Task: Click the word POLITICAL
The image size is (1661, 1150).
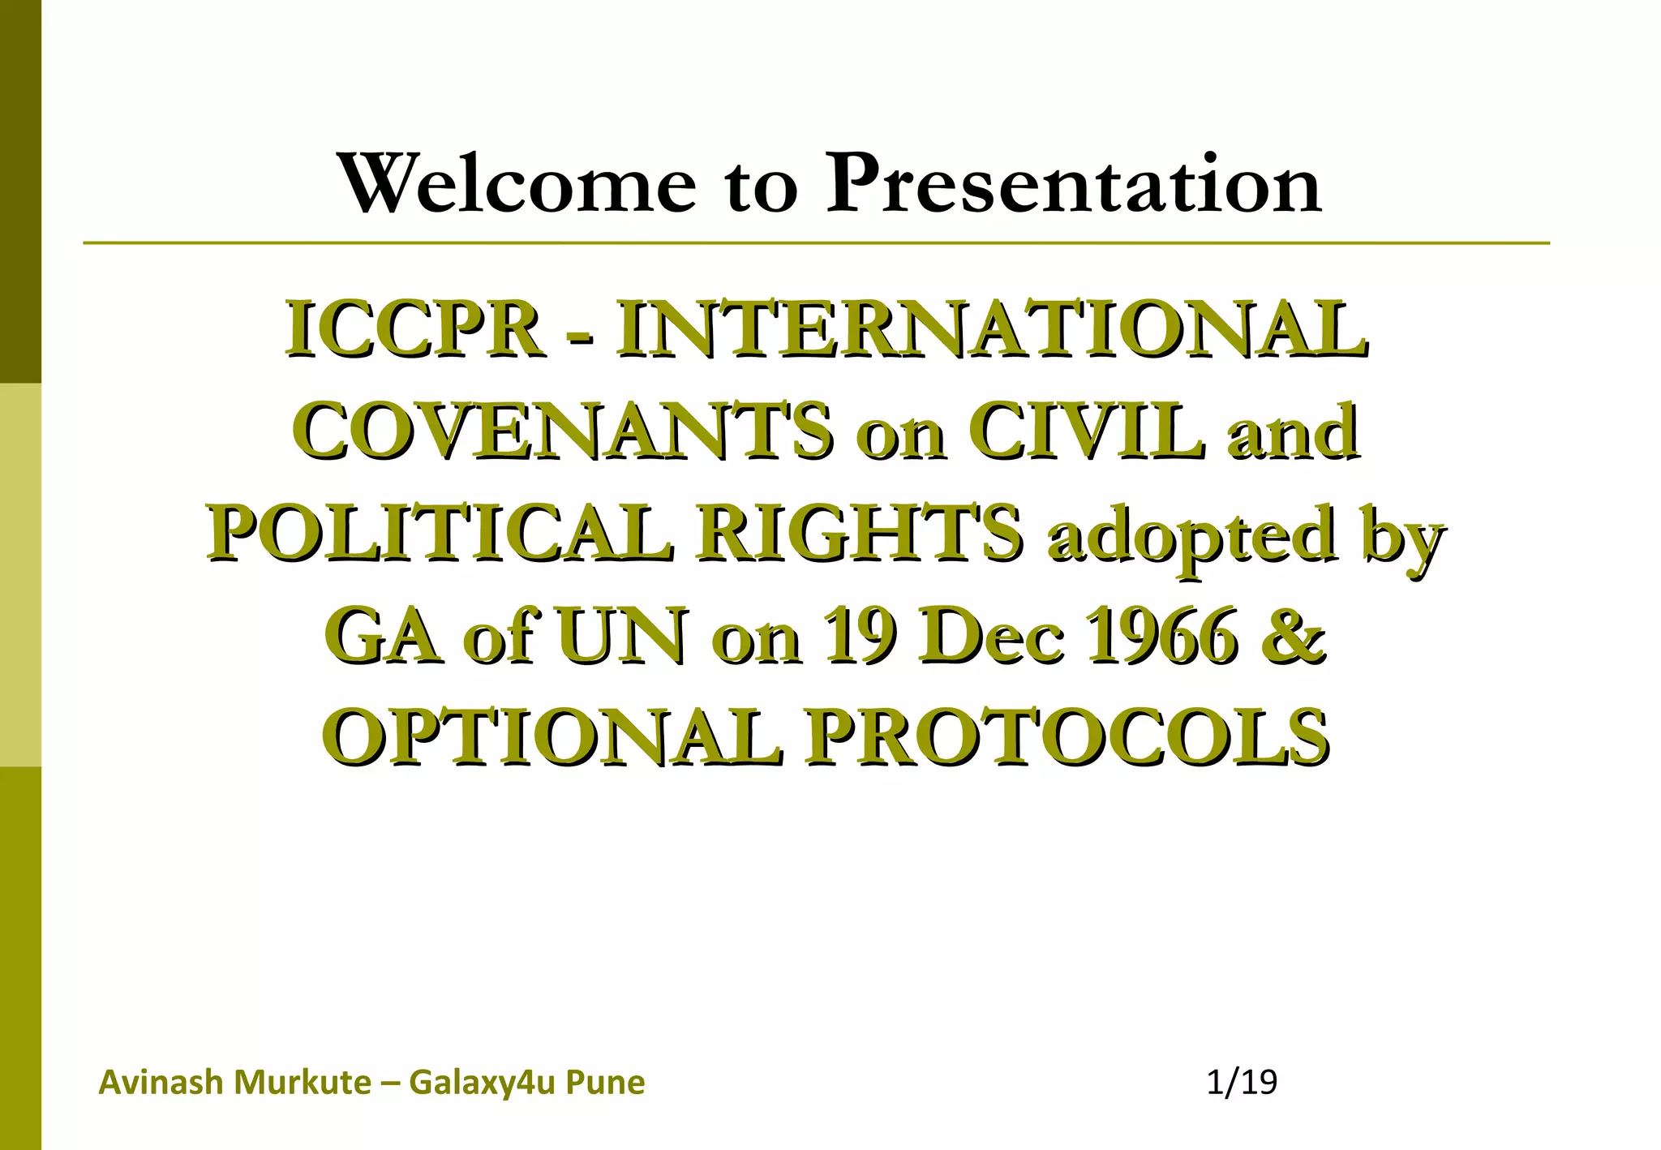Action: (440, 534)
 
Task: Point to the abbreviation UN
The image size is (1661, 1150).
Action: (620, 637)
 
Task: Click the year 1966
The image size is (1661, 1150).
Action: (1161, 637)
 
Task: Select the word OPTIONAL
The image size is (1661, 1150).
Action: (553, 738)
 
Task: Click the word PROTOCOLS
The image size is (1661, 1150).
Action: (1066, 738)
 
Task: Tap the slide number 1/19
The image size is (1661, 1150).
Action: (1241, 1083)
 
